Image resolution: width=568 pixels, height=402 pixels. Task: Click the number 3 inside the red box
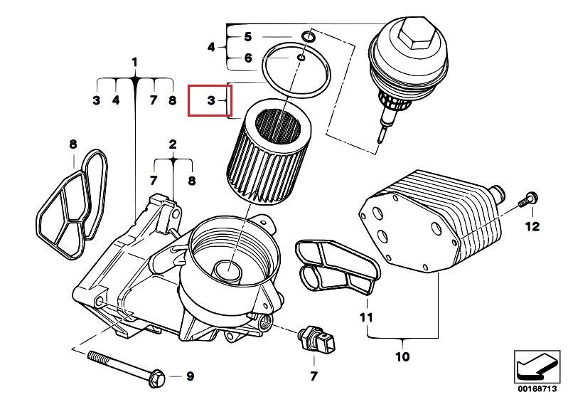tap(211, 100)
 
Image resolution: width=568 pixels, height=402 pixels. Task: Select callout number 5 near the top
tap(248, 36)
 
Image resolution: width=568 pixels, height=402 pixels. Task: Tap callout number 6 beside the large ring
tap(248, 58)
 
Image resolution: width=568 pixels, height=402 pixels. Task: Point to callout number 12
tap(532, 226)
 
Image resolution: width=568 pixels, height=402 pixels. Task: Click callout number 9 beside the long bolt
tap(191, 376)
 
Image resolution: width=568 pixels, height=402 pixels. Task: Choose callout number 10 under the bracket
tap(402, 356)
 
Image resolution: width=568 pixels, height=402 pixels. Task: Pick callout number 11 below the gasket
tap(366, 318)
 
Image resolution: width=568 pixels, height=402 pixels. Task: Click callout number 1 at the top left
tap(135, 63)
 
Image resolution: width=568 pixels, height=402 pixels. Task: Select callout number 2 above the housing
tap(173, 144)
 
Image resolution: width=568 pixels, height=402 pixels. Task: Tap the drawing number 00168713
tap(537, 389)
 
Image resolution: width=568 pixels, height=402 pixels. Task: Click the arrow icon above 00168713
tap(537, 367)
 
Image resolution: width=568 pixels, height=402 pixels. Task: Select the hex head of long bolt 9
tap(157, 378)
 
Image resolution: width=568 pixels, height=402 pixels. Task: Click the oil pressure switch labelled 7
tap(316, 338)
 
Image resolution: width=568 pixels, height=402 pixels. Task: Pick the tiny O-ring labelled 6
tap(301, 57)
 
